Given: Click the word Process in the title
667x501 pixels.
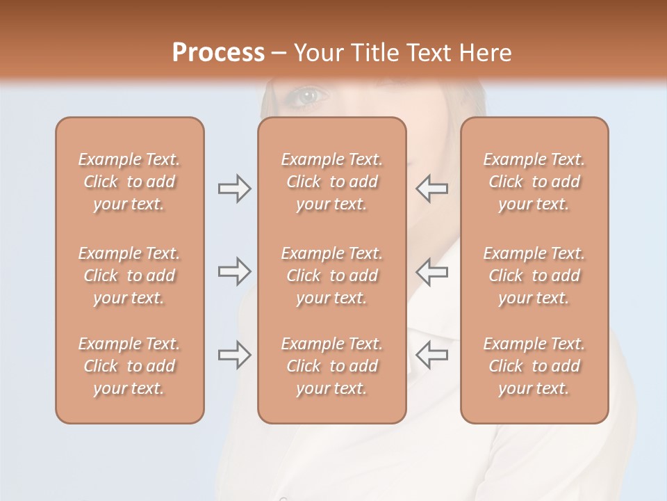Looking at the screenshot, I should click(218, 52).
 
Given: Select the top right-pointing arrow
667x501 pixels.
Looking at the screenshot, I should click(235, 189).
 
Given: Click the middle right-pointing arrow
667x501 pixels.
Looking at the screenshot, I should click(235, 271).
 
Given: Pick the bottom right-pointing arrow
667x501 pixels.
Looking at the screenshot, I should click(235, 355).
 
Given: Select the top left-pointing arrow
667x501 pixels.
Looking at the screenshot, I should click(431, 189).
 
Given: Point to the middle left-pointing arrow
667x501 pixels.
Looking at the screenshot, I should click(431, 271).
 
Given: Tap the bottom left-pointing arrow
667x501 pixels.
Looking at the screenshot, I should click(431, 355).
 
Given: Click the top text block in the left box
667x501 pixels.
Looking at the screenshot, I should click(129, 182).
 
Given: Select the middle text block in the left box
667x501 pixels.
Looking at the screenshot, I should click(129, 276).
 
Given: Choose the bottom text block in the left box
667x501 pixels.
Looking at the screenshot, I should click(129, 366).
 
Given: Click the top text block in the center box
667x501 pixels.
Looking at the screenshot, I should click(332, 182).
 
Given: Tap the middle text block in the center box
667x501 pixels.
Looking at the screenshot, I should click(332, 276).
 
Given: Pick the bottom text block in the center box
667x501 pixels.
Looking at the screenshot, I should click(332, 366).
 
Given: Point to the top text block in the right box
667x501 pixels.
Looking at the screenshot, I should click(534, 182).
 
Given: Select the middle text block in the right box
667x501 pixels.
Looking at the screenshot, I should click(534, 276).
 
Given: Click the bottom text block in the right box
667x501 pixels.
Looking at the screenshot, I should click(534, 366).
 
